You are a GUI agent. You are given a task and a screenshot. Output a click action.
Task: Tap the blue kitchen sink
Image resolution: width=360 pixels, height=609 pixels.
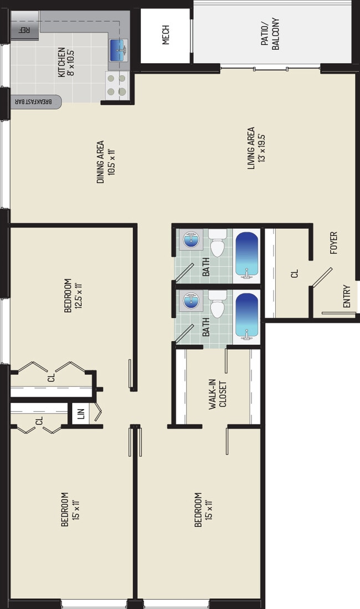tap(119, 50)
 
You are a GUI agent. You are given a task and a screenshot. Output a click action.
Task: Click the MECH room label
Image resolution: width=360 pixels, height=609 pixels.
tap(166, 35)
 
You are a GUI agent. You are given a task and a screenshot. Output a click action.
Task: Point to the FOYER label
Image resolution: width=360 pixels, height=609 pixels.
tap(333, 243)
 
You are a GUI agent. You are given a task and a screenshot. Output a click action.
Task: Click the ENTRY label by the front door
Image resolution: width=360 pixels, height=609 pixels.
tap(347, 297)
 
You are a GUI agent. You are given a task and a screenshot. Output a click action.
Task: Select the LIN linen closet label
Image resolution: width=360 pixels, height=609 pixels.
tap(80, 414)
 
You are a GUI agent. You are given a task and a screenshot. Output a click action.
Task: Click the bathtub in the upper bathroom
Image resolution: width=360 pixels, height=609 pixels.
tap(246, 255)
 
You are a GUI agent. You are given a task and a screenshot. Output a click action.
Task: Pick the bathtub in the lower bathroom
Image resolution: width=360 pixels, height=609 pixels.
tap(246, 316)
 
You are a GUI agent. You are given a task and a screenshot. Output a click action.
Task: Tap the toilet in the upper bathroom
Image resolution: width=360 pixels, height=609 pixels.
tap(217, 243)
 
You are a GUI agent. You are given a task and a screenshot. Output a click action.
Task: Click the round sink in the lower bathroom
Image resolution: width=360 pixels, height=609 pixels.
tap(192, 302)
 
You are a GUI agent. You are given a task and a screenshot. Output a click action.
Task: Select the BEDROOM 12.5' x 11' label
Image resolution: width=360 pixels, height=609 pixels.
tap(73, 295)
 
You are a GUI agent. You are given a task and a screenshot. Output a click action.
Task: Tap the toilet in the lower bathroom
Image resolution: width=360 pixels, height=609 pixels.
tap(217, 304)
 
